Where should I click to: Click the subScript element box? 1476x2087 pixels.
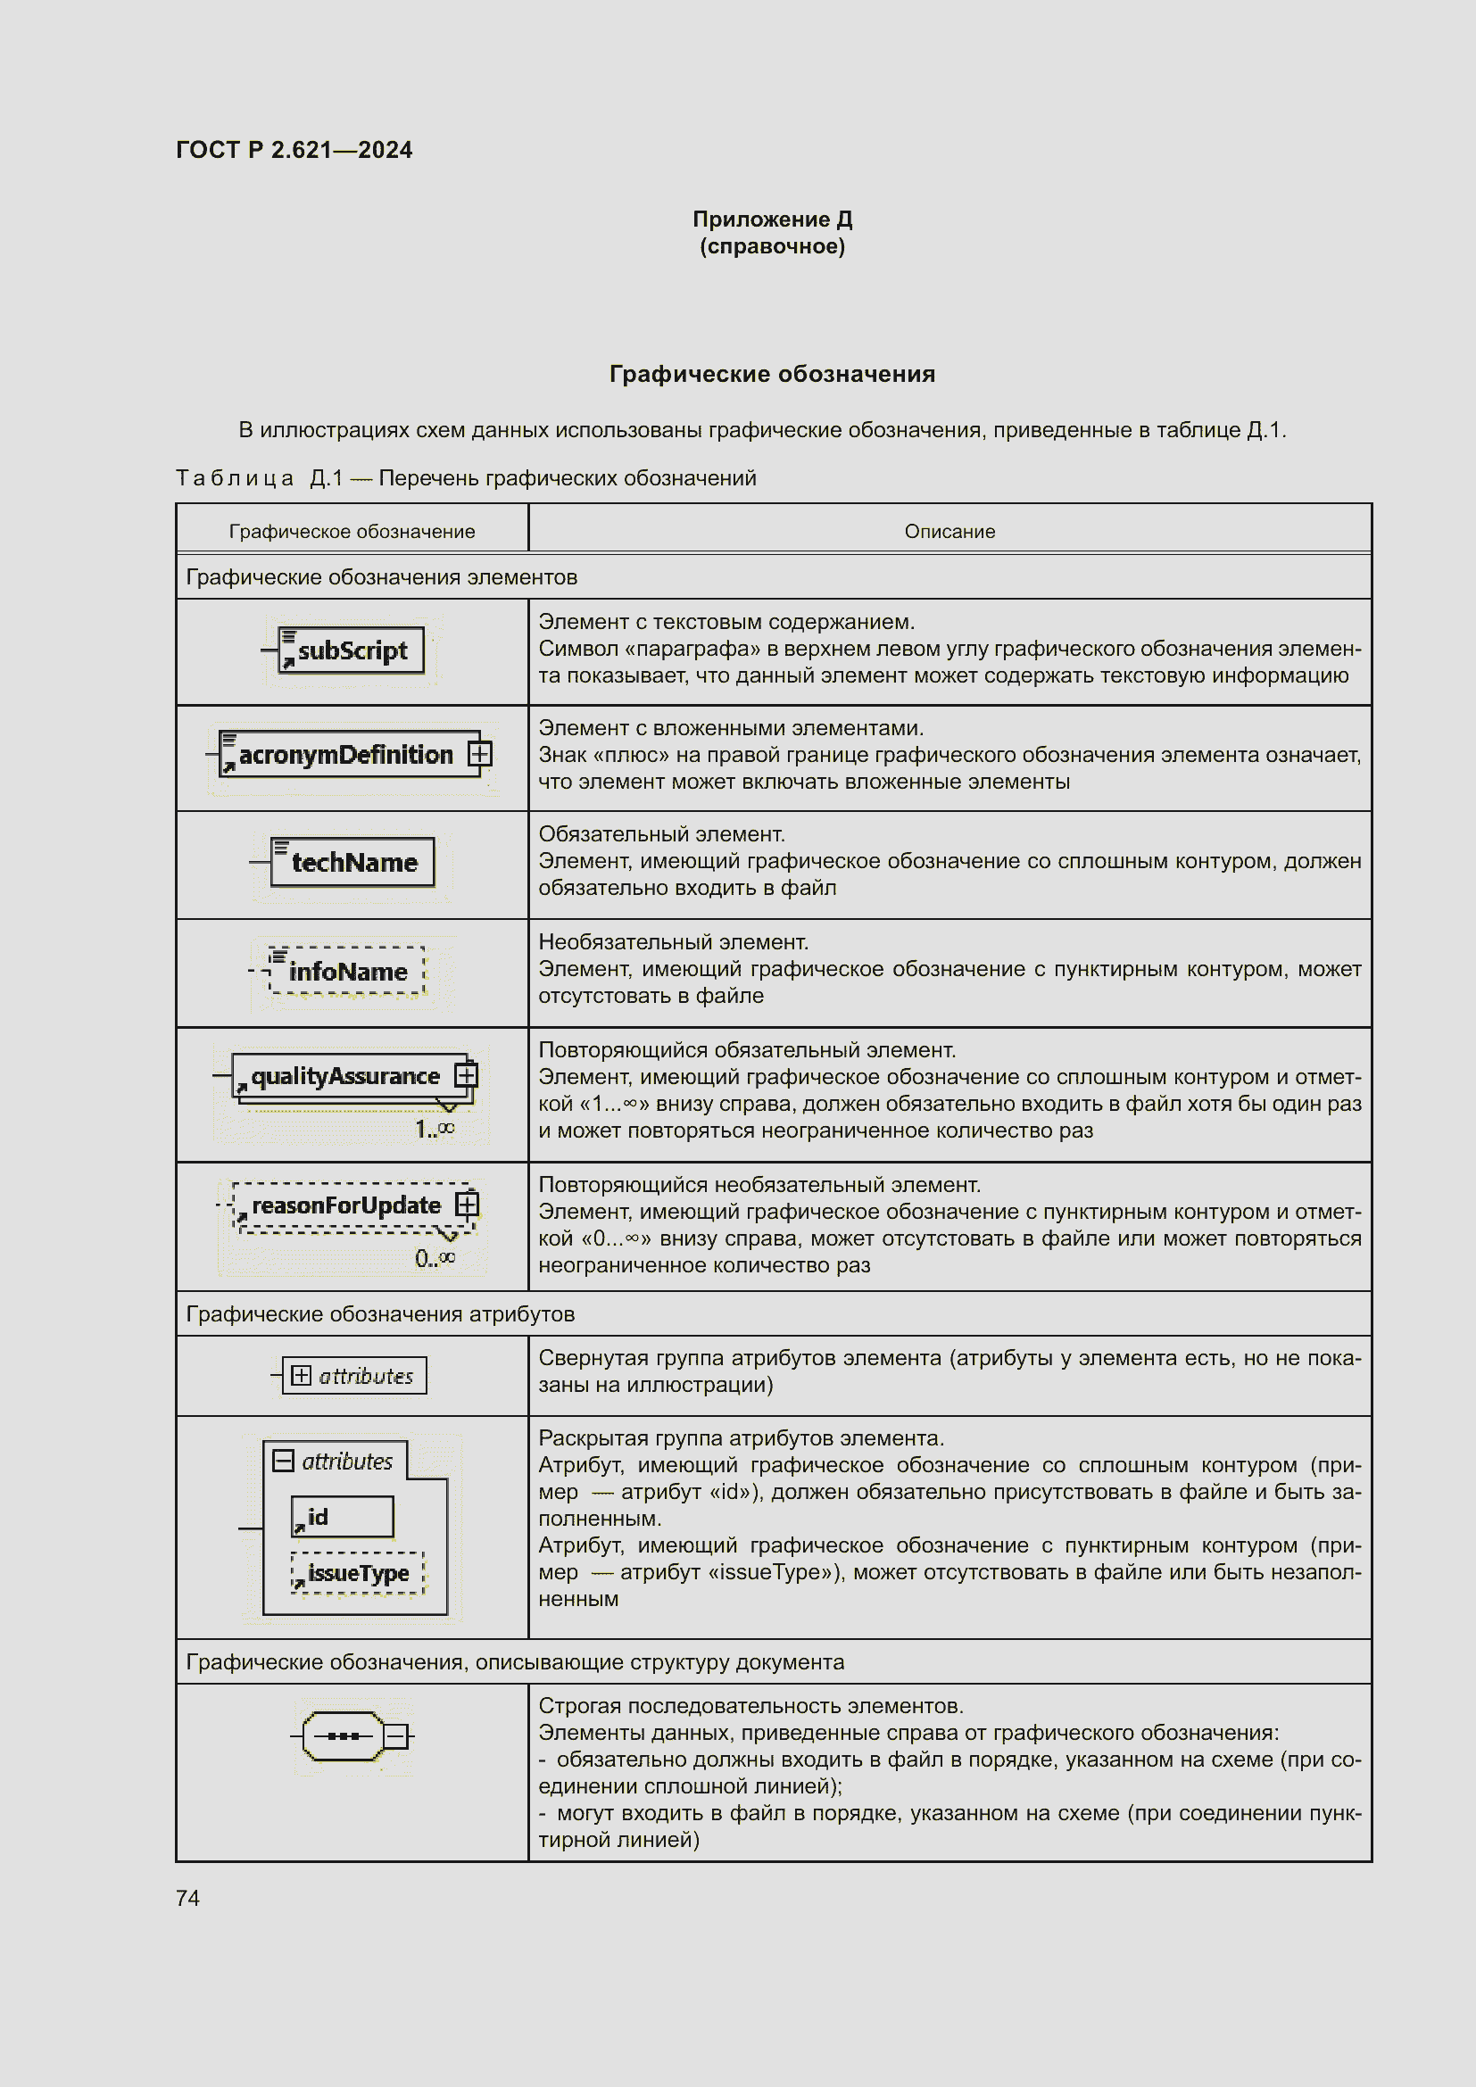pyautogui.click(x=351, y=650)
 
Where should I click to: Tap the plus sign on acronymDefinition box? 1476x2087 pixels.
pyautogui.click(x=479, y=754)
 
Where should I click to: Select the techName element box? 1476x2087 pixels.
pyautogui.click(x=352, y=862)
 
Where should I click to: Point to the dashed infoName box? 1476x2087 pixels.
pyautogui.click(x=346, y=971)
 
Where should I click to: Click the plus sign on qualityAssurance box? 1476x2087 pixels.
pyautogui.click(x=465, y=1075)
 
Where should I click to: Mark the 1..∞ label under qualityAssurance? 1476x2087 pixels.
pyautogui.click(x=435, y=1129)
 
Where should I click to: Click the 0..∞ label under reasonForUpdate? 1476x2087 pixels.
pyautogui.click(x=435, y=1258)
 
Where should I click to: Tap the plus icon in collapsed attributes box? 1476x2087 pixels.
pyautogui.click(x=301, y=1375)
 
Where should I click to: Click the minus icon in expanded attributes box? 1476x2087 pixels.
pyautogui.click(x=284, y=1461)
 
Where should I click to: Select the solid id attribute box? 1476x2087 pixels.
pyautogui.click(x=342, y=1516)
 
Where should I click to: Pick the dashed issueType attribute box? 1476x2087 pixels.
pyautogui.click(x=357, y=1572)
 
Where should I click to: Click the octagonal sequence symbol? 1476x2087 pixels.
pyautogui.click(x=343, y=1736)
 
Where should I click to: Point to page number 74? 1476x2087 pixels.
pyautogui.click(x=187, y=1898)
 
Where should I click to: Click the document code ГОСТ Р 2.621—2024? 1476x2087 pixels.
pyautogui.click(x=294, y=150)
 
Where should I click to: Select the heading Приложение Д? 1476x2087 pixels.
pyautogui.click(x=772, y=219)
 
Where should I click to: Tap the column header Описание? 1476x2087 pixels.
pyautogui.click(x=949, y=532)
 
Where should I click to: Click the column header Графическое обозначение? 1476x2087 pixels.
pyautogui.click(x=352, y=532)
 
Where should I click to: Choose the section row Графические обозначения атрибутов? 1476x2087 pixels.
pyautogui.click(x=380, y=1313)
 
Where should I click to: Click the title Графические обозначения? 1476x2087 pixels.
pyautogui.click(x=772, y=374)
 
